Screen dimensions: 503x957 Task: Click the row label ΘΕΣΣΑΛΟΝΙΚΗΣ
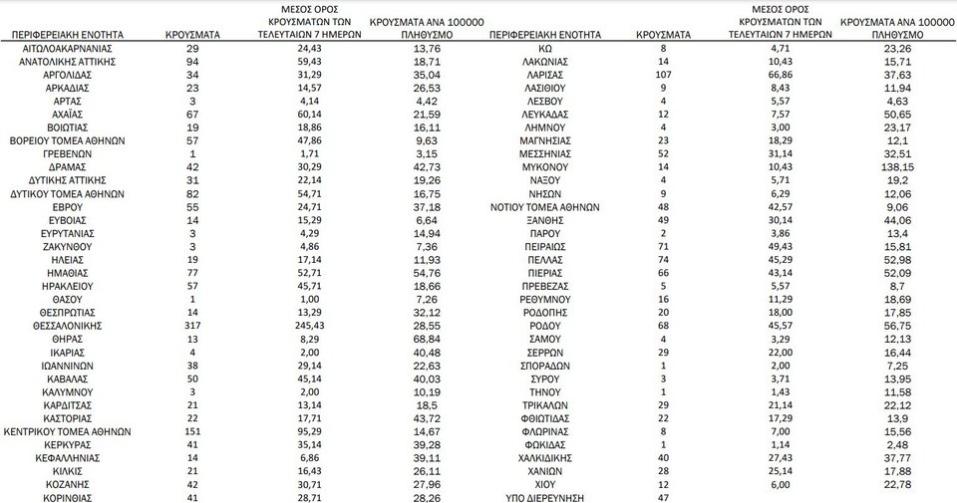click(69, 325)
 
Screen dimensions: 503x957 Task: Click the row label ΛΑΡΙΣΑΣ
click(543, 75)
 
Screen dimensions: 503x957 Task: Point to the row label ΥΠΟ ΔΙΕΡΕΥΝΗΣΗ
click(544, 496)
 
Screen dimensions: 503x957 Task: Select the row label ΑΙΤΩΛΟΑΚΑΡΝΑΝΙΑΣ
click(69, 48)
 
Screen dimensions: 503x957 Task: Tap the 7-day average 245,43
click(309, 325)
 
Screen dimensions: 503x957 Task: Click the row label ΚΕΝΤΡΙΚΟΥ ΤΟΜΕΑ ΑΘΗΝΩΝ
click(69, 432)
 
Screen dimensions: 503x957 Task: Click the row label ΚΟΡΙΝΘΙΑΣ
click(69, 496)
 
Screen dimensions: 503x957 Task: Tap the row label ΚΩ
click(543, 48)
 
